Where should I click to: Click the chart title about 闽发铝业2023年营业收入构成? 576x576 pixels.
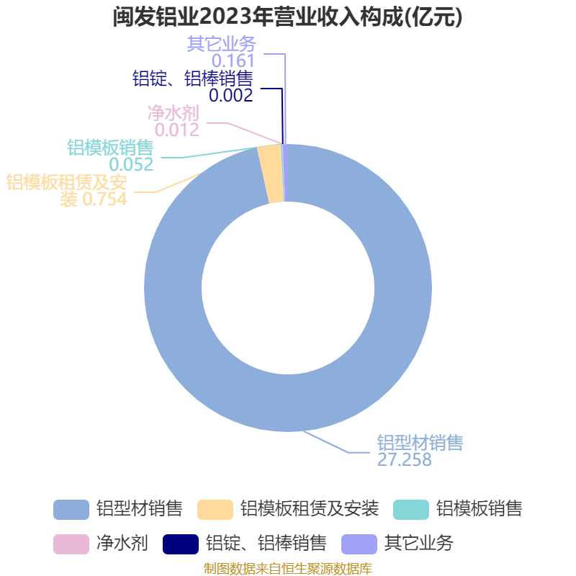pyautogui.click(x=287, y=17)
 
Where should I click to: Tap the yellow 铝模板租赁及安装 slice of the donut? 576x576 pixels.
pyautogui.click(x=269, y=174)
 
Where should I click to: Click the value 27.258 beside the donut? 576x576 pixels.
pyautogui.click(x=405, y=459)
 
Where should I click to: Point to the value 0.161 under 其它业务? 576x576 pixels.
pyautogui.click(x=233, y=60)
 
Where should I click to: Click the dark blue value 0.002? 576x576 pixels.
pyautogui.click(x=231, y=95)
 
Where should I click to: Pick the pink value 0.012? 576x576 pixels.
pyautogui.click(x=177, y=130)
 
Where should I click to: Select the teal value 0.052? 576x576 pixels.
pyautogui.click(x=131, y=164)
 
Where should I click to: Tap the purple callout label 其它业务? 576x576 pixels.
pyautogui.click(x=222, y=44)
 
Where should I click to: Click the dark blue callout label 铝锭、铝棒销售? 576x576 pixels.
pyautogui.click(x=193, y=78)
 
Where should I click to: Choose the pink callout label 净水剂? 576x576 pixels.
pyautogui.click(x=174, y=113)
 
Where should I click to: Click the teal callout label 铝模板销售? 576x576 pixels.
pyautogui.click(x=110, y=148)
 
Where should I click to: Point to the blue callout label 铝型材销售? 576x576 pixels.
pyautogui.click(x=420, y=443)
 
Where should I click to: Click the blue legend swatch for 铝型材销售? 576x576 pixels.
pyautogui.click(x=71, y=510)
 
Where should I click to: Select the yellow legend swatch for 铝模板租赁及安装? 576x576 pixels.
pyautogui.click(x=215, y=510)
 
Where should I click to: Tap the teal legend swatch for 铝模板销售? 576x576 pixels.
pyautogui.click(x=411, y=510)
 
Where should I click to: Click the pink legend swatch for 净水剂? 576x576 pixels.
pyautogui.click(x=71, y=544)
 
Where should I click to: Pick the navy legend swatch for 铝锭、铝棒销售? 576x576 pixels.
pyautogui.click(x=181, y=544)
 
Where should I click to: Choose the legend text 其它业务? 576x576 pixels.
pyautogui.click(x=419, y=544)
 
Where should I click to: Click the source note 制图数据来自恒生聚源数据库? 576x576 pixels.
pyautogui.click(x=288, y=569)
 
